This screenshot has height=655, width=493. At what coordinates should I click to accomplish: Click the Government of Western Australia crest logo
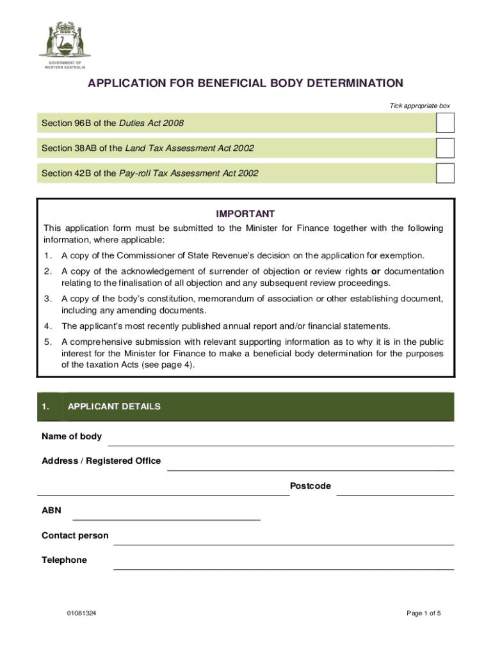tap(65, 41)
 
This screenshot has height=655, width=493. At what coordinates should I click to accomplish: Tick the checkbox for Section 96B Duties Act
tap(445, 123)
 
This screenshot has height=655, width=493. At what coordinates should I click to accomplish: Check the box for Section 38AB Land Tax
tap(445, 148)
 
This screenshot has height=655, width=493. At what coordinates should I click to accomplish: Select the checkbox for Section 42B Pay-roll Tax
tap(445, 173)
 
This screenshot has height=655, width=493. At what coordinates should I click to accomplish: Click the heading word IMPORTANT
tap(246, 214)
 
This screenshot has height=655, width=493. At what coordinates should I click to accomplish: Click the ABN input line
tap(166, 515)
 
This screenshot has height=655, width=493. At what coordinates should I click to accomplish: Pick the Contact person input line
tap(283, 540)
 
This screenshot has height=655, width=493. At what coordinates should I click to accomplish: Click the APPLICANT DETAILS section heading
tap(114, 407)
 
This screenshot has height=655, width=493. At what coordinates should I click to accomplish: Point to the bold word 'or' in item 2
tap(376, 271)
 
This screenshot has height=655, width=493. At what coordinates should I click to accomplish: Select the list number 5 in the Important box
tap(47, 342)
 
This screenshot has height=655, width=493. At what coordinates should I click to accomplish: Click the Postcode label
tap(311, 486)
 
